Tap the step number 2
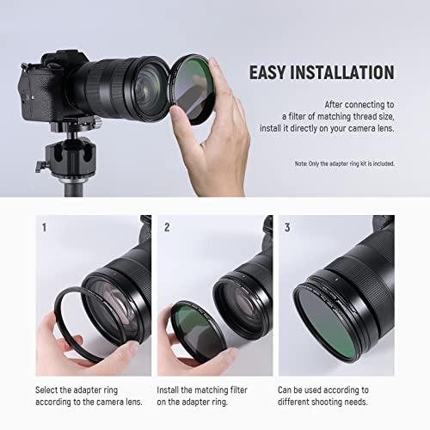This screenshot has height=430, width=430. point(167,228)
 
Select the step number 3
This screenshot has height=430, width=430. point(288,228)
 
